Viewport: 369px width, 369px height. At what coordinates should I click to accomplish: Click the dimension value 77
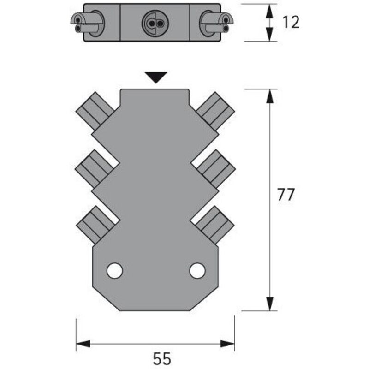[286, 195]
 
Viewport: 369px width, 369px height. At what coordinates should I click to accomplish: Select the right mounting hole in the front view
[197, 270]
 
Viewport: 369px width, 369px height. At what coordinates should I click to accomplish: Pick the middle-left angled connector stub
[95, 168]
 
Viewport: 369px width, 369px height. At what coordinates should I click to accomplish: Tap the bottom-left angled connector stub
[95, 224]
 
